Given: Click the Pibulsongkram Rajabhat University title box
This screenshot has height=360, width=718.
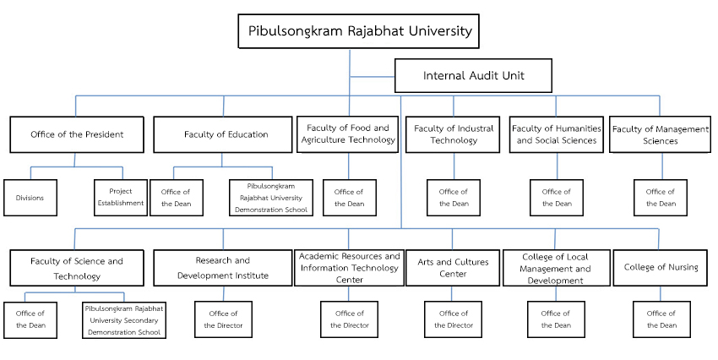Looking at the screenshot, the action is point(358,31).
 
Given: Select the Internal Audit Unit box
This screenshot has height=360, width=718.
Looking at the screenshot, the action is point(473,75).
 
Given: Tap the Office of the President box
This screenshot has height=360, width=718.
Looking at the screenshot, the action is point(77,134).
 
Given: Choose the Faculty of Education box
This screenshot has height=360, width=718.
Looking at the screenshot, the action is point(222,134).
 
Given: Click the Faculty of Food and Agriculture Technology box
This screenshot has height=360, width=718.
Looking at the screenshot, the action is point(347,134).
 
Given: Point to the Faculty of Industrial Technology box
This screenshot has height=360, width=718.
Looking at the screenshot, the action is point(453,134).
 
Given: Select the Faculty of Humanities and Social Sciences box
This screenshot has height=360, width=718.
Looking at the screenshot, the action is point(557,134).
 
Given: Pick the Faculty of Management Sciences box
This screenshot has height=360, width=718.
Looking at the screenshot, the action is point(660,134).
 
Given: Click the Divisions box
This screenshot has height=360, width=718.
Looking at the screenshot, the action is point(30,198).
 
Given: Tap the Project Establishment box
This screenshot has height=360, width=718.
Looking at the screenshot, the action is point(121,198).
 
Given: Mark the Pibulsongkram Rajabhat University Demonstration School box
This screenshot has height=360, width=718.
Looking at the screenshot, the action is point(271,198).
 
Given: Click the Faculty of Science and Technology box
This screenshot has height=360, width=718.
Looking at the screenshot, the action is point(77,268).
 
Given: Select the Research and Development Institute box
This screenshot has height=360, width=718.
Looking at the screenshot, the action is point(222,268).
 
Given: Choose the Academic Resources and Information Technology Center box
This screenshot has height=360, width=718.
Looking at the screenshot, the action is point(349,268).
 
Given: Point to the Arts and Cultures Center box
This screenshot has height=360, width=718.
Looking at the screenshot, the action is point(453,268).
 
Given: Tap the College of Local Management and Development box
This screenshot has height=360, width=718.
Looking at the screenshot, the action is point(557,268).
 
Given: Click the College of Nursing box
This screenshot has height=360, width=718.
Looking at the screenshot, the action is point(660,268).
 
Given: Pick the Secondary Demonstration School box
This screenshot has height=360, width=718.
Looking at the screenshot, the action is point(124,319).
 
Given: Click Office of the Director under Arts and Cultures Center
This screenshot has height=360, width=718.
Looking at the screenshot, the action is point(453,319).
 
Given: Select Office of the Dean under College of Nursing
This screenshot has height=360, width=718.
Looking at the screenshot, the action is point(661,319).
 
